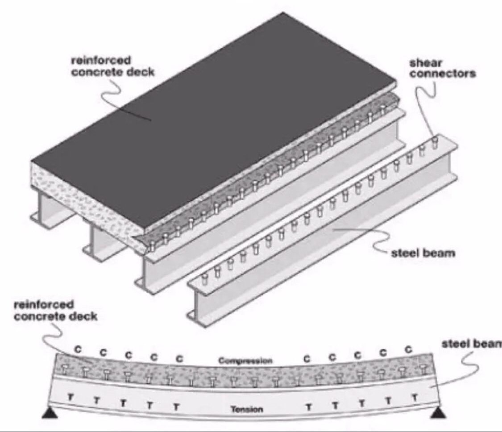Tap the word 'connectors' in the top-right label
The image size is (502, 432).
443,74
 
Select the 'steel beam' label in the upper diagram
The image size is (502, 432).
423,253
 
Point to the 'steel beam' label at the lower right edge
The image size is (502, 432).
471,344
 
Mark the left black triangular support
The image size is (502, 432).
50,414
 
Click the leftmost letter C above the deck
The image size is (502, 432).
78,349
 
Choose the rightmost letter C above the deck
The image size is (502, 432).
407,349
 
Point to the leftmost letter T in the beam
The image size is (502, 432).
70,396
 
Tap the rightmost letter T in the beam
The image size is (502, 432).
415,396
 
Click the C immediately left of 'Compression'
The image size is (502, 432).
179,358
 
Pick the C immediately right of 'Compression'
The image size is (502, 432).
307,358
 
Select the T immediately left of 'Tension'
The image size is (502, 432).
176,407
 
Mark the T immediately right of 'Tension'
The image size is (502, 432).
307,407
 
